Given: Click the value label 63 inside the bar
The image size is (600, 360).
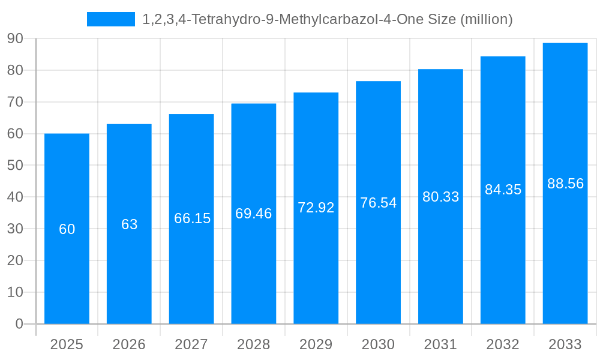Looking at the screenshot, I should tap(130, 224).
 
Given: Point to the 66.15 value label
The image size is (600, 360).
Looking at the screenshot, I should tap(192, 218).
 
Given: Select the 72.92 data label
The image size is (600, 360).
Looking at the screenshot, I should tap(316, 208).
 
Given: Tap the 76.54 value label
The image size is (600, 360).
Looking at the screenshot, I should tap(379, 203).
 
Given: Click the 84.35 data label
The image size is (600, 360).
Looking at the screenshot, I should tap(503, 190).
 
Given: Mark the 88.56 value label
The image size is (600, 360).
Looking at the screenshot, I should tap(565, 184).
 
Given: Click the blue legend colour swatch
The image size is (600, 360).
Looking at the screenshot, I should tap(111, 19).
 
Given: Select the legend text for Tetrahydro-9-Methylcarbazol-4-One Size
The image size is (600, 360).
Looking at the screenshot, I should tap(328, 19).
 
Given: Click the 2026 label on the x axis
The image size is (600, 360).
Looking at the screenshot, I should tap(129, 344).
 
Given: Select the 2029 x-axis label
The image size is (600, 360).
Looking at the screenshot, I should tap(316, 344).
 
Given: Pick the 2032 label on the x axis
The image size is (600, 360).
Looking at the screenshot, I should tap(503, 344).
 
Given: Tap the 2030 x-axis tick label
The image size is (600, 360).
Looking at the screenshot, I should tap(379, 344).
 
